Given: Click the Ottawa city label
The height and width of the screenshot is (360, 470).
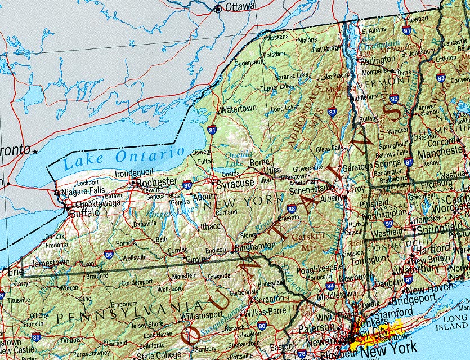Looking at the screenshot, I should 239,7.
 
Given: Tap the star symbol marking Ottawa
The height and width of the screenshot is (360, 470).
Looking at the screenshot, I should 218,8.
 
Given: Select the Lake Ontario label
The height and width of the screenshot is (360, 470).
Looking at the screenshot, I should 124,158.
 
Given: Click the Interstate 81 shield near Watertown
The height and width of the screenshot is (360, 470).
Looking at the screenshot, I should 212,130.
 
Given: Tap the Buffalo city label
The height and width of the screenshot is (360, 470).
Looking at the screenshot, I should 85,213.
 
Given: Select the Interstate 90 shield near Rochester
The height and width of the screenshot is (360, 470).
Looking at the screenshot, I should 187,185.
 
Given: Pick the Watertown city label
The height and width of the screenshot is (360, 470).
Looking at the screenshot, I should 239,108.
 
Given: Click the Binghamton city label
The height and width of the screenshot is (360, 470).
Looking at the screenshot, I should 256,246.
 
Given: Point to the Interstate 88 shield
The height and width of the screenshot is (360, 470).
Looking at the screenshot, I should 291,209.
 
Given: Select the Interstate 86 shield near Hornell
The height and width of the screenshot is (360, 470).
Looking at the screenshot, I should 108,255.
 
